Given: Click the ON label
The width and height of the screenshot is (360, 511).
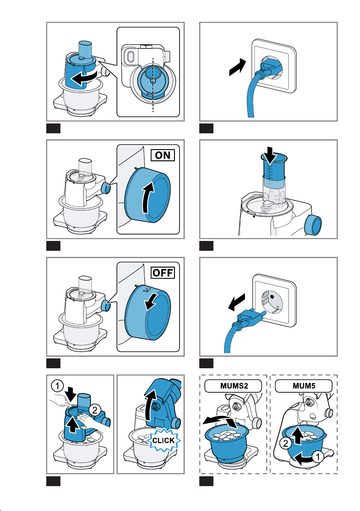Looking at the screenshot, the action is click(x=163, y=155).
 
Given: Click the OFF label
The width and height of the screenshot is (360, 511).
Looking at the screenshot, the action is click(x=163, y=273).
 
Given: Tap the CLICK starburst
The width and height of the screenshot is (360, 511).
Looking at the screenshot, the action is click(x=164, y=441).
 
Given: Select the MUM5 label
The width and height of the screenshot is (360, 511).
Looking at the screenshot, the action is click(x=303, y=386).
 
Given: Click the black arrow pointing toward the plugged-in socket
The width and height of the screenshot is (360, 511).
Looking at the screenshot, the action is click(x=237, y=67).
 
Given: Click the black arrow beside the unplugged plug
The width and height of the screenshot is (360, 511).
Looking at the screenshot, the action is click(x=237, y=302).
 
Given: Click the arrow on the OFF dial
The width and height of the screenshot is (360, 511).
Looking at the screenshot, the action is click(x=151, y=301).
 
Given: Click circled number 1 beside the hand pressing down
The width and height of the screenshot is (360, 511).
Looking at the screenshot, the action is click(x=57, y=387).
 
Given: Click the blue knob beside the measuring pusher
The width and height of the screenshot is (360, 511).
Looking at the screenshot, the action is click(x=313, y=225).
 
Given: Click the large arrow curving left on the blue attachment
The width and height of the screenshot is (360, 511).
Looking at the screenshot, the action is click(x=84, y=78).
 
